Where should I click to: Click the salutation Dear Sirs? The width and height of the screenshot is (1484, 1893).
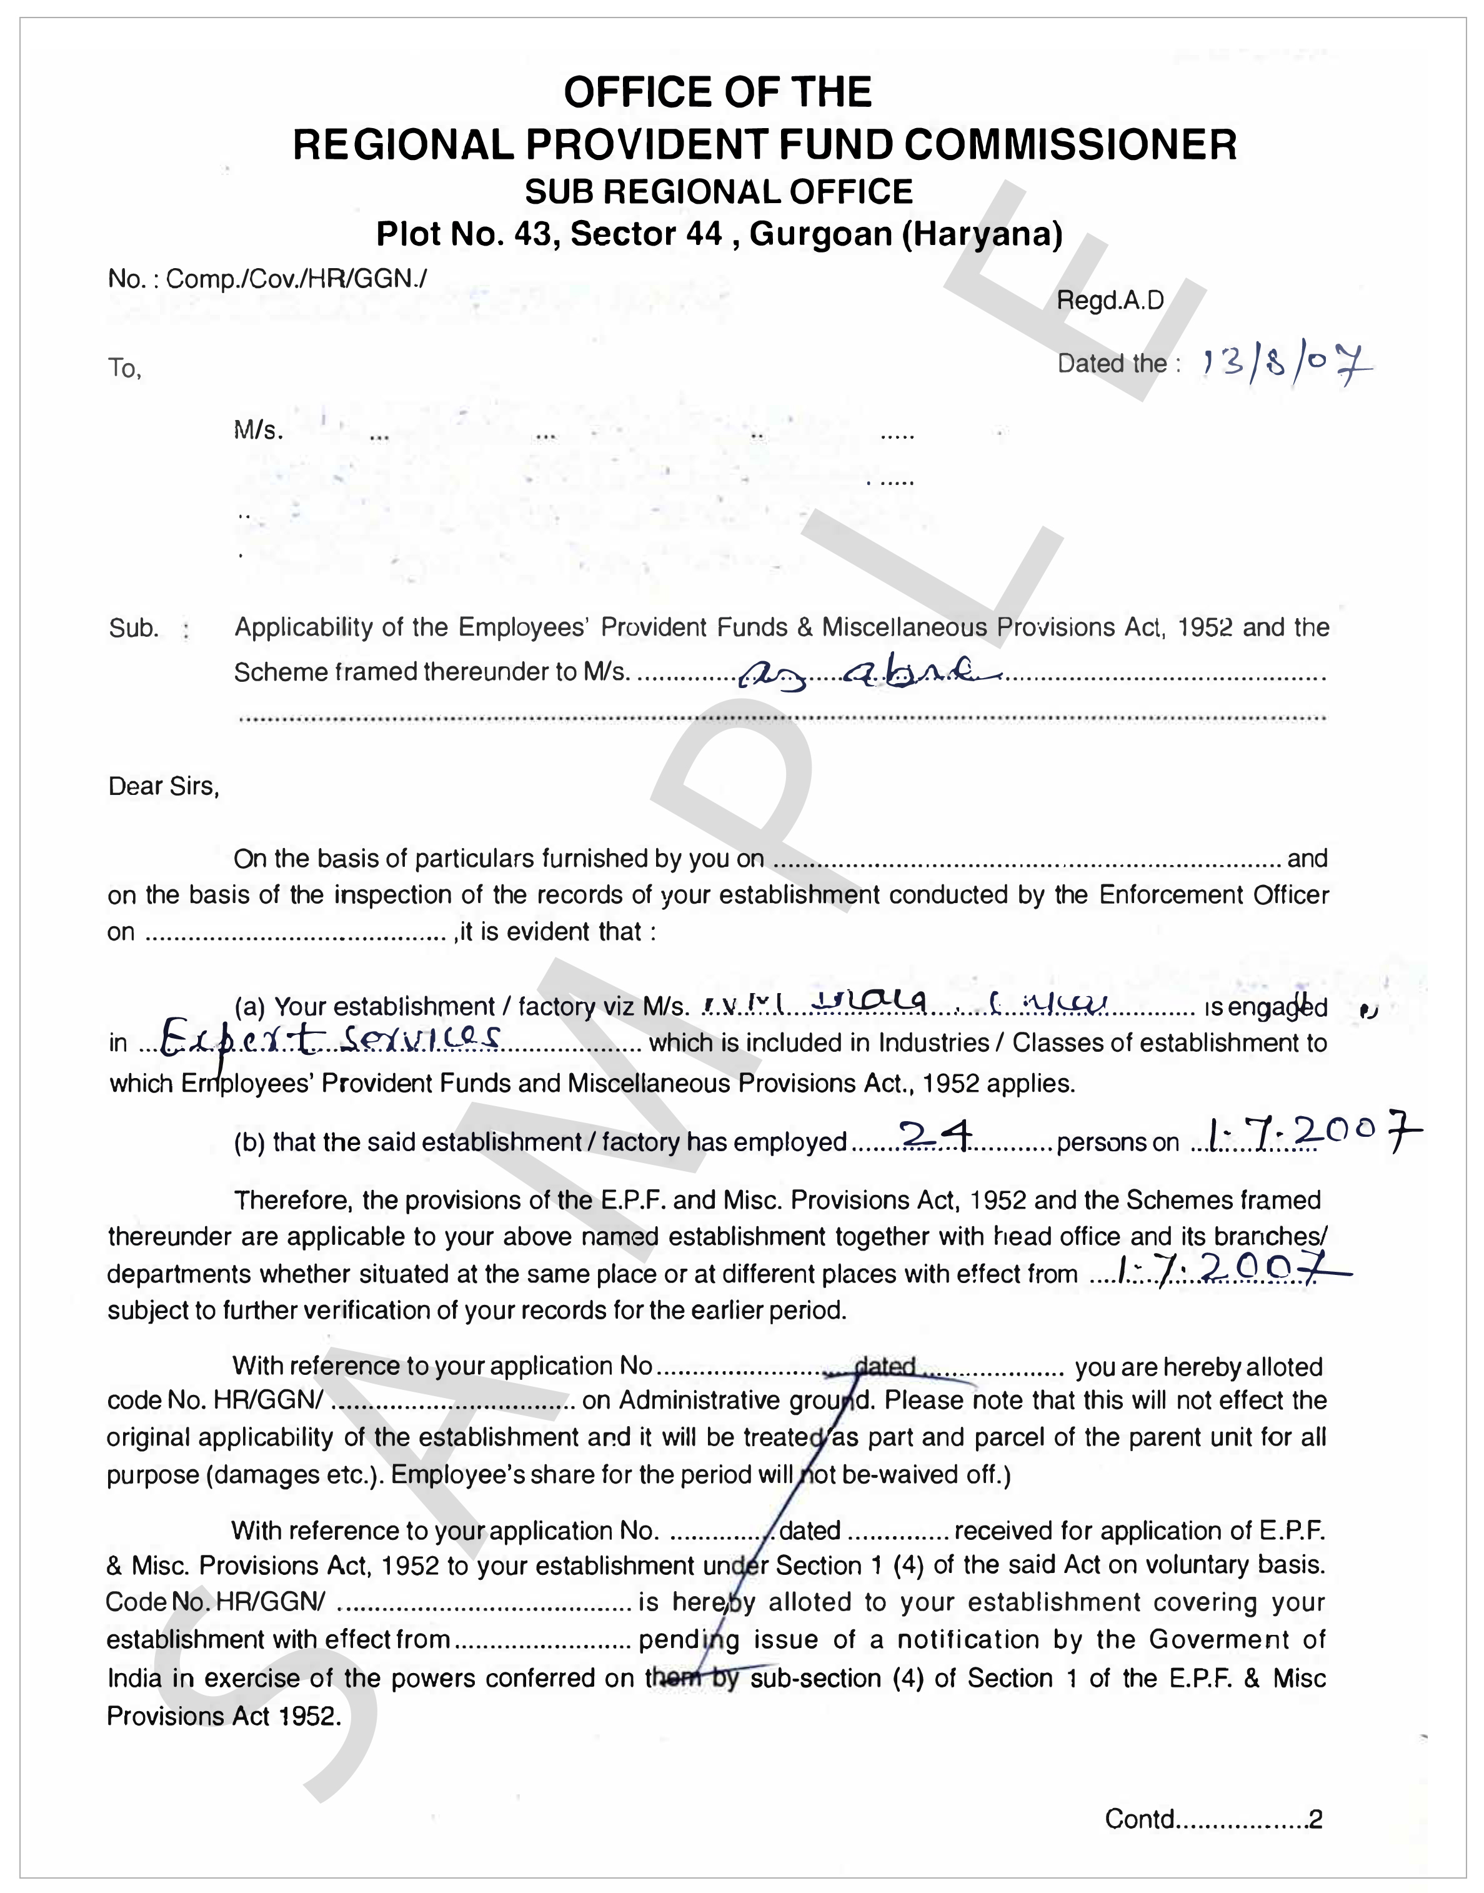coord(163,787)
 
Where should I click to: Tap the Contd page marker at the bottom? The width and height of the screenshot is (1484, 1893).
coord(1213,1819)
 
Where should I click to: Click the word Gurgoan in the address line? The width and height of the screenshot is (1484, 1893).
coord(821,234)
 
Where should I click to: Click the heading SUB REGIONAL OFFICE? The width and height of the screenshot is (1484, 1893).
coord(719,192)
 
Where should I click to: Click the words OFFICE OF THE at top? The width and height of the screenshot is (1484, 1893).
coord(718,92)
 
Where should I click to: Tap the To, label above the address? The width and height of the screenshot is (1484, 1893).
coord(125,369)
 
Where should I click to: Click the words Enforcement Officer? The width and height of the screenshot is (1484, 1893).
coord(1214,895)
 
